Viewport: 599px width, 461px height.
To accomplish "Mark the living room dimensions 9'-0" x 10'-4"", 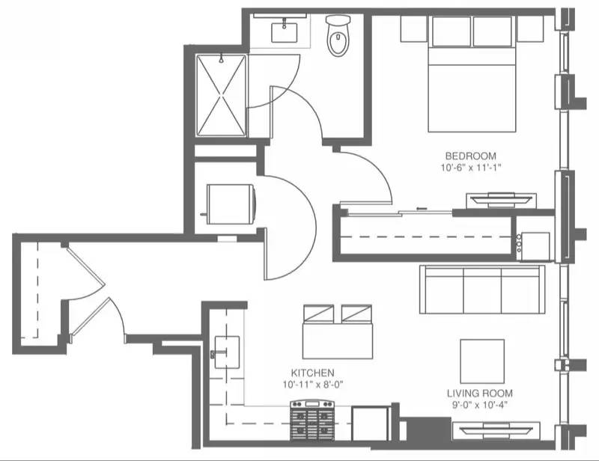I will pyautogui.click(x=479, y=406).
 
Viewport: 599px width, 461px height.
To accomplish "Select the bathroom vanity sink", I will pyautogui.click(x=284, y=32).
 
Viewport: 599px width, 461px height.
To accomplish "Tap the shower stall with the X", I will pyautogui.click(x=221, y=95).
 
